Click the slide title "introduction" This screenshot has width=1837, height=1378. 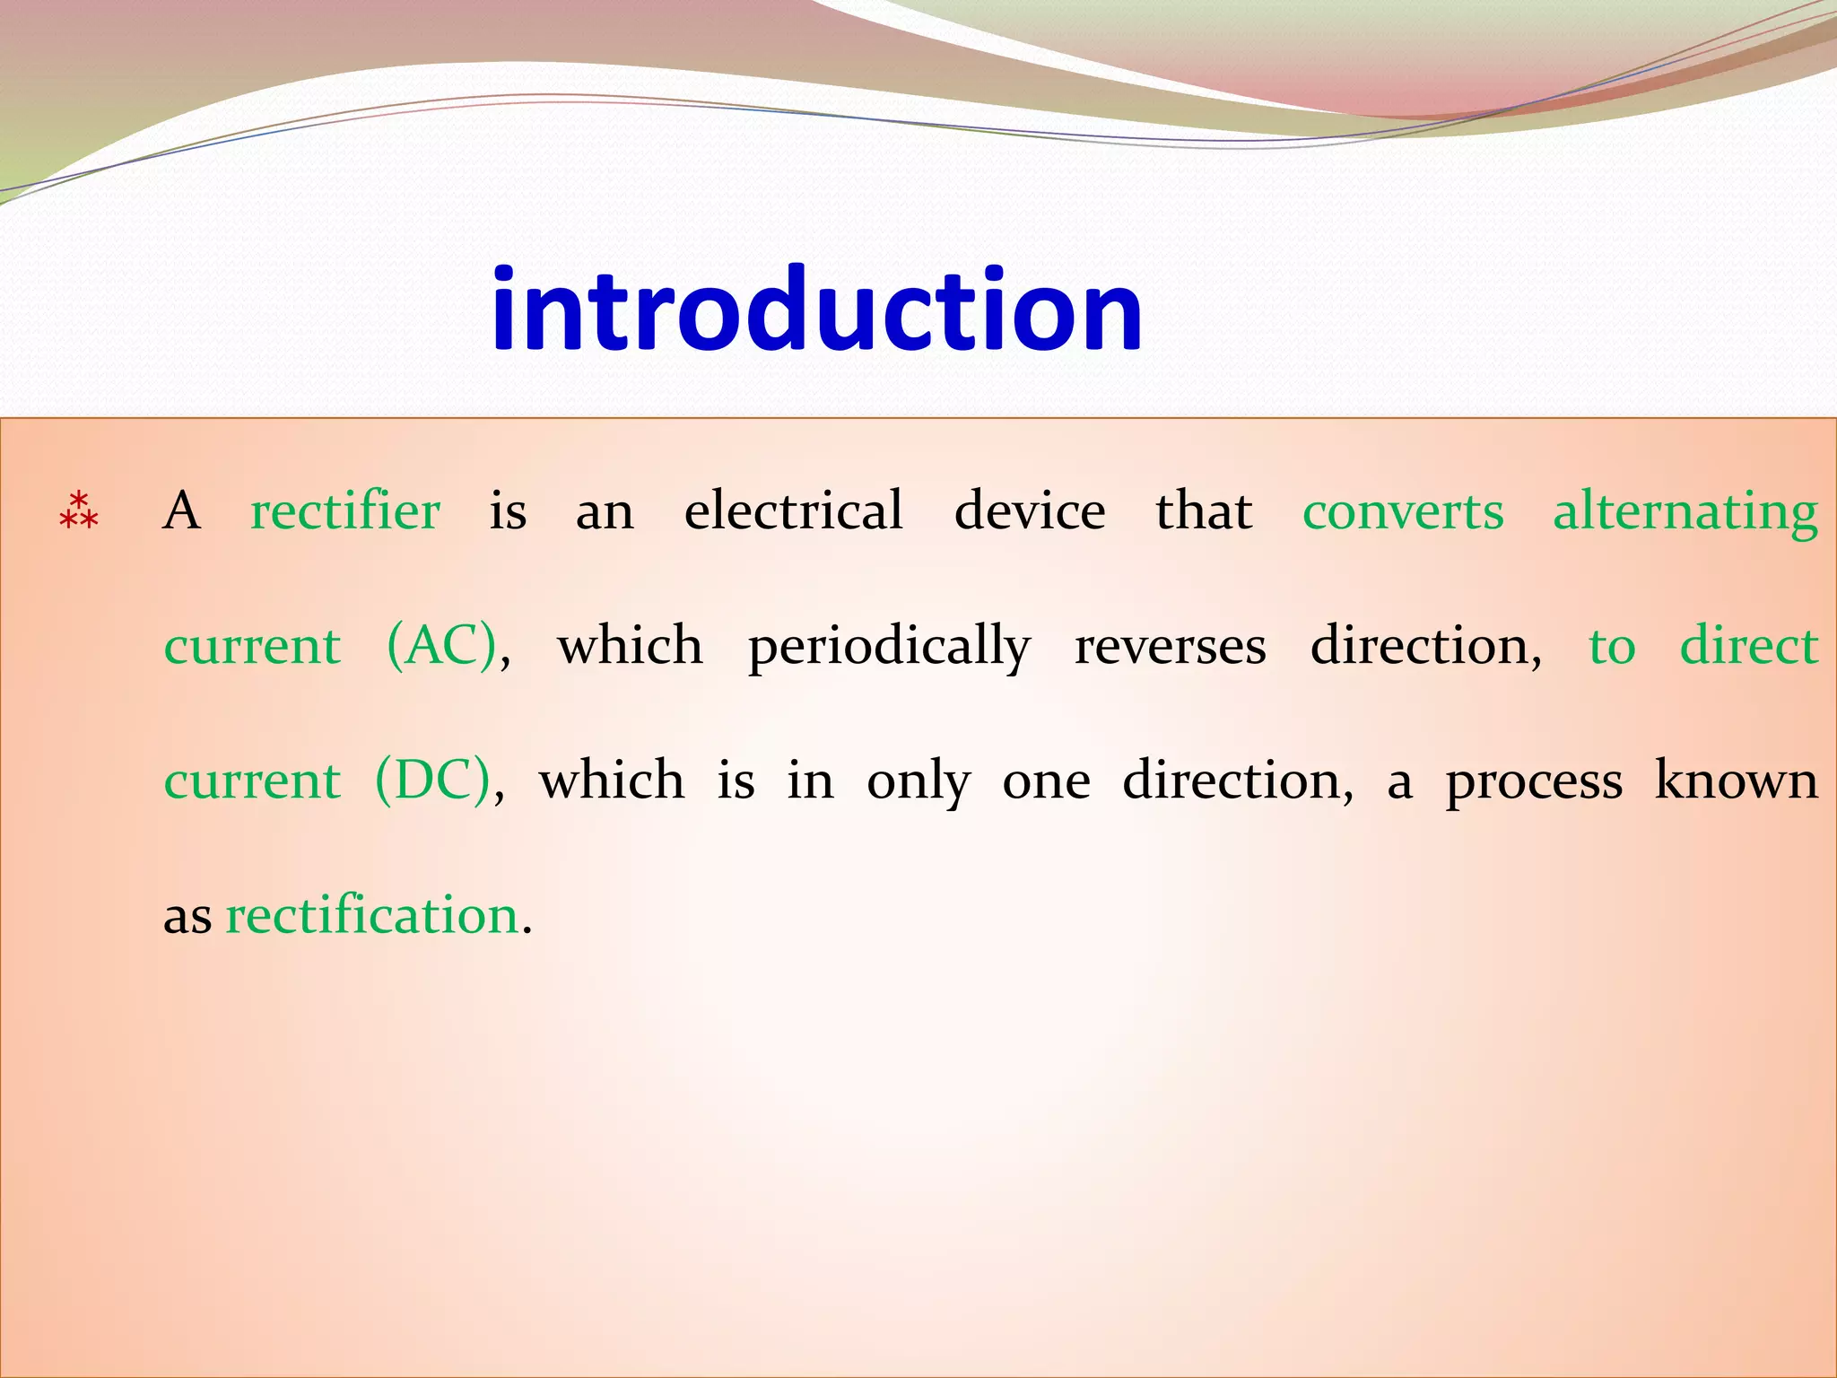click(816, 310)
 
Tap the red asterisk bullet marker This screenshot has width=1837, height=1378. click(78, 510)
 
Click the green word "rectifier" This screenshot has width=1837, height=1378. click(345, 511)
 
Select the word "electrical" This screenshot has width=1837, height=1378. click(793, 511)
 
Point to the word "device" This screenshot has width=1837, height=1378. click(1029, 511)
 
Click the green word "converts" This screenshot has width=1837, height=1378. click(1403, 511)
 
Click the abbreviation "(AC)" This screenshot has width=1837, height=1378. click(442, 646)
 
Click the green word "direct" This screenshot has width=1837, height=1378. click(1748, 646)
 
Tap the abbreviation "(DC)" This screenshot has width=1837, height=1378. click(433, 781)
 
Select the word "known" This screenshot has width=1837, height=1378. click(1736, 781)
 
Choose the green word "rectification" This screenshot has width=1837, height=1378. click(372, 916)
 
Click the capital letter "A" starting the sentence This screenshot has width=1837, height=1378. click(182, 511)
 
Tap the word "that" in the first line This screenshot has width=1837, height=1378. click(1204, 511)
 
